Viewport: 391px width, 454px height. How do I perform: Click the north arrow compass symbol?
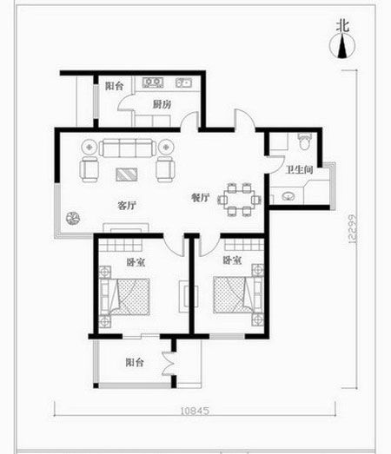point(342,46)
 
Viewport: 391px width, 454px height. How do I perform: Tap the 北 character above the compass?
point(342,26)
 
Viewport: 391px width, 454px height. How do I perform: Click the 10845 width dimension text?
point(195,411)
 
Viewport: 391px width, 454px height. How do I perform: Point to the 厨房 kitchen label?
point(162,104)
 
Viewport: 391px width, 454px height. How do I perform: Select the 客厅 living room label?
point(127,205)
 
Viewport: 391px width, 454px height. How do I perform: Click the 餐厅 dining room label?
point(201,197)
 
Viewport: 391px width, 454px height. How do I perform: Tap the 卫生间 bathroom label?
point(300,169)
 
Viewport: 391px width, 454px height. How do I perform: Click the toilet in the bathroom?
point(304,141)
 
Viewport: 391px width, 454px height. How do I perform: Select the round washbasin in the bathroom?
point(288,196)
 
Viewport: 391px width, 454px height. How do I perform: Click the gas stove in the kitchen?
point(153,82)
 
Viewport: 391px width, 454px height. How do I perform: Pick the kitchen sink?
point(183,82)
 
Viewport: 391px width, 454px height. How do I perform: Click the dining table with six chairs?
point(240,200)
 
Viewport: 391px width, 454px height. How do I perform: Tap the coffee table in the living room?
point(127,174)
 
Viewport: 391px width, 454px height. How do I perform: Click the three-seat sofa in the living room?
point(126,148)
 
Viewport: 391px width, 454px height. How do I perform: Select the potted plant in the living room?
point(73,218)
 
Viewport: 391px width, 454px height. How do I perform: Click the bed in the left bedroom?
point(124,297)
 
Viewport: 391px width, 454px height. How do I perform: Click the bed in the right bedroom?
point(238,295)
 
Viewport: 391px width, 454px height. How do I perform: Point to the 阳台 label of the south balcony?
point(135,362)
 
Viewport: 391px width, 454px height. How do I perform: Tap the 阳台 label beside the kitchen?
point(114,86)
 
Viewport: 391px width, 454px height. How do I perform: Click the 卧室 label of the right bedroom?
point(232,260)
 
